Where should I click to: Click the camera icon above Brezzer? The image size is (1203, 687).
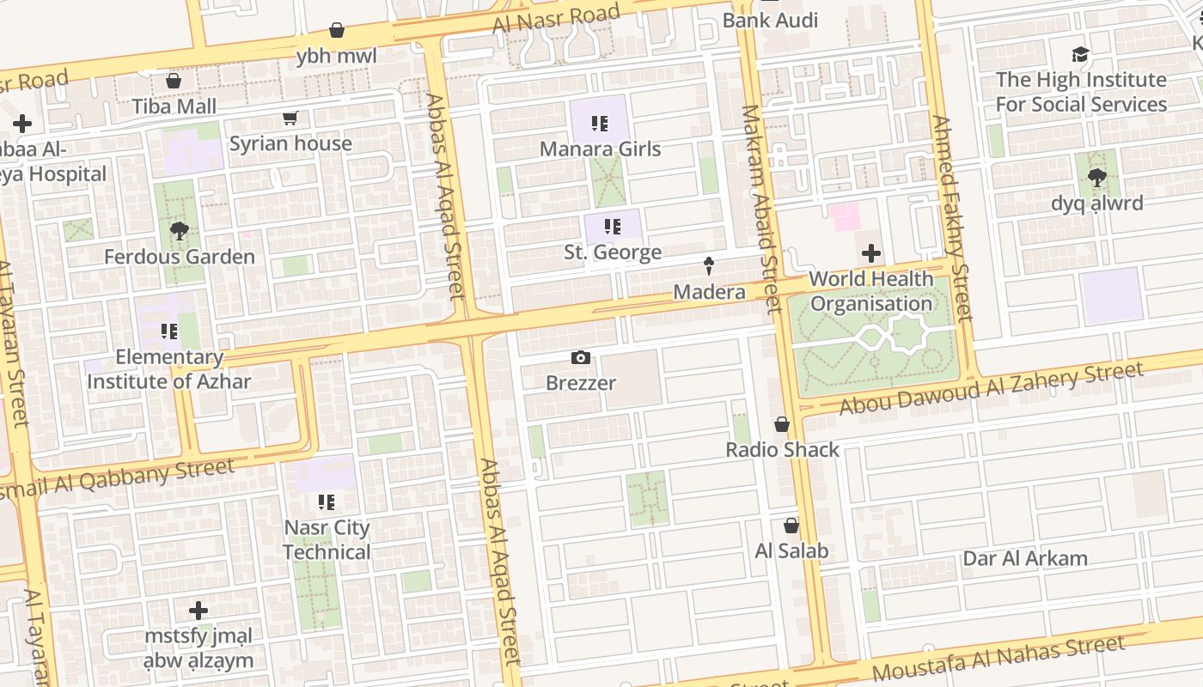(581, 358)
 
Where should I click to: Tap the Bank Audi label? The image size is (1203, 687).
(770, 20)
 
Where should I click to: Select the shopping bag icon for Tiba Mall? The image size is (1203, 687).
(174, 81)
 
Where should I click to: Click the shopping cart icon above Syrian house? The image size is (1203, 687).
(290, 119)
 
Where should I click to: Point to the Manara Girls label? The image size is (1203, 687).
(600, 149)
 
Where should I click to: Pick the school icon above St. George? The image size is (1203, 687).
(613, 227)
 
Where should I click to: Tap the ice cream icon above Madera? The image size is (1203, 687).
(709, 266)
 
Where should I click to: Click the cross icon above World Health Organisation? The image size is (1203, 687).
(871, 253)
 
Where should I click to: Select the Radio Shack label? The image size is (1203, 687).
(782, 449)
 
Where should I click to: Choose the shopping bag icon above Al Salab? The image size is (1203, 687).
(791, 526)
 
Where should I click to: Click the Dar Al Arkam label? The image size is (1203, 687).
(1025, 558)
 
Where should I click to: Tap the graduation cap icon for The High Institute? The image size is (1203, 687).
(1081, 55)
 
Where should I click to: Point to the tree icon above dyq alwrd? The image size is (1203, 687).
(1097, 178)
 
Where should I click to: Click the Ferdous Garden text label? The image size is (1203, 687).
(180, 257)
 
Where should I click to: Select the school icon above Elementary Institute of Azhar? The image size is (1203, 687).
(169, 331)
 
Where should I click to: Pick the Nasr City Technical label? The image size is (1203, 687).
(327, 539)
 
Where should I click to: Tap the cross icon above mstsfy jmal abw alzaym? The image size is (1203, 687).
(198, 611)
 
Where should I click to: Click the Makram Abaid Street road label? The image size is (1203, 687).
(760, 206)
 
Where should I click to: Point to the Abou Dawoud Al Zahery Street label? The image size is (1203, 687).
(992, 388)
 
